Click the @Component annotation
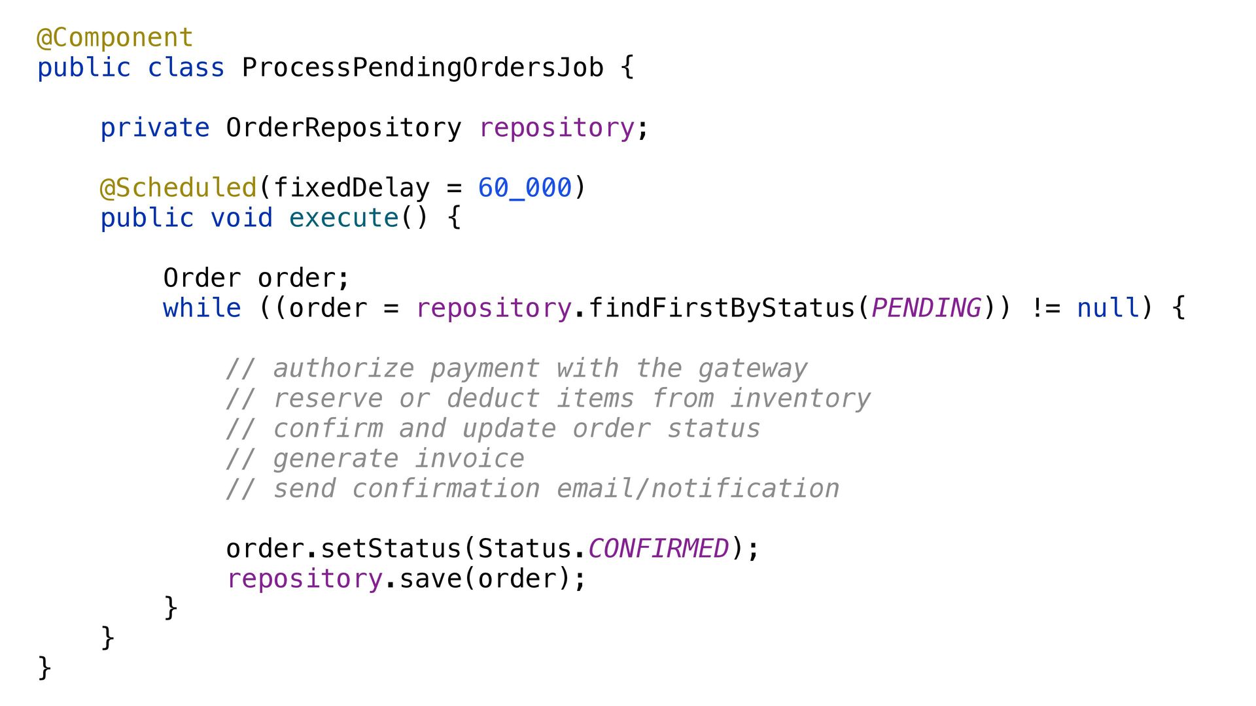(115, 38)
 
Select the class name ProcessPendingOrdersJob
(423, 68)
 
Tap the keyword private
(155, 128)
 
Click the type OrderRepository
(343, 128)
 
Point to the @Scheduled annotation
(178, 188)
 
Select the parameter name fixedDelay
(351, 188)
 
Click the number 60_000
(525, 188)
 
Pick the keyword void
(241, 218)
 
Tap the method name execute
(343, 218)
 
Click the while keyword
(202, 309)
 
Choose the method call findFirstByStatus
(722, 309)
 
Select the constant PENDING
(926, 309)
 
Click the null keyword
(1108, 309)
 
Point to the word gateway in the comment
(753, 369)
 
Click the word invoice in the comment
(470, 460)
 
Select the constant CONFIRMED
(659, 549)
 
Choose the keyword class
(186, 68)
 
